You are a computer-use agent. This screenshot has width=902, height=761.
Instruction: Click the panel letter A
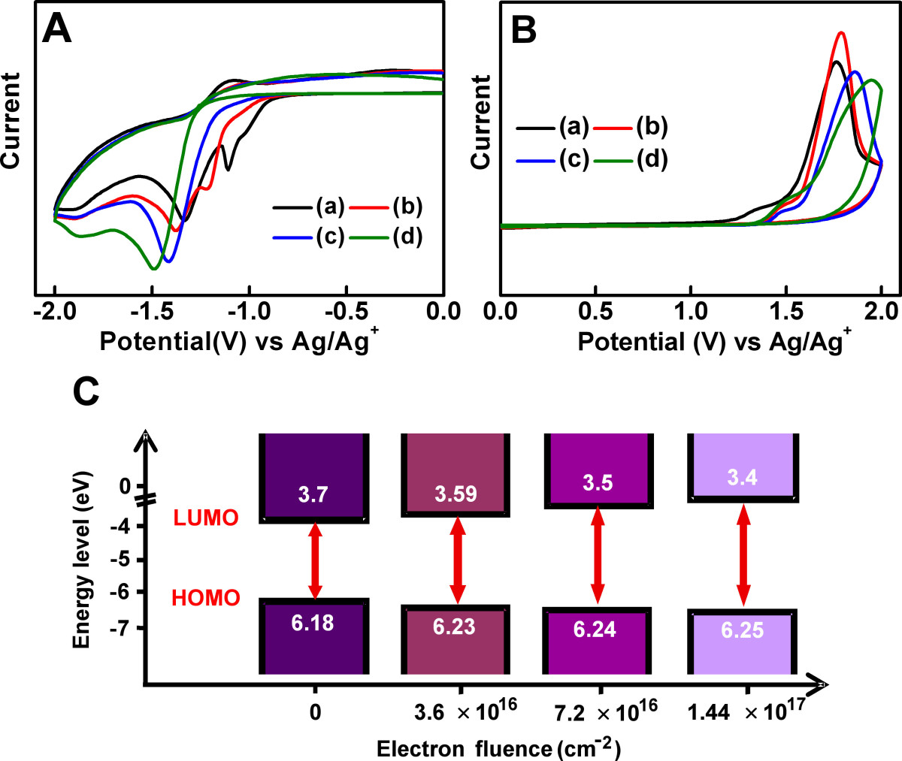tap(56, 30)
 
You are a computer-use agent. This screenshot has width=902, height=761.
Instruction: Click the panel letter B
tap(523, 30)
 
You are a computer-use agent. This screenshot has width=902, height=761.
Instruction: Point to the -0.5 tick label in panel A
tap(347, 311)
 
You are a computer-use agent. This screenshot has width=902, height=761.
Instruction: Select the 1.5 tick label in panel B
tap(785, 311)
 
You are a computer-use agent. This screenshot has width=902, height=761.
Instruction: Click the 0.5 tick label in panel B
tap(595, 311)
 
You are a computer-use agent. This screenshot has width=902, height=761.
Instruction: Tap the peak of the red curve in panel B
tap(841, 32)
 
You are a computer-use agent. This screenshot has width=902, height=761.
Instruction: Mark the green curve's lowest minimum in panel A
tap(153, 268)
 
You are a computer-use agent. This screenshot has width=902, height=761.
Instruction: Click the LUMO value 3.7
tap(313, 494)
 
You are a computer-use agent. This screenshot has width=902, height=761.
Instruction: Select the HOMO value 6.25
tap(742, 630)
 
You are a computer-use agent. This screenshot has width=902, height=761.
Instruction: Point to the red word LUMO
tap(206, 518)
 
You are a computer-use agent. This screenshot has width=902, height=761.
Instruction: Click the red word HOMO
tap(206, 598)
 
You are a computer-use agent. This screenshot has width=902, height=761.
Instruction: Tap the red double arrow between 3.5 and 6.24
tap(598, 556)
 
